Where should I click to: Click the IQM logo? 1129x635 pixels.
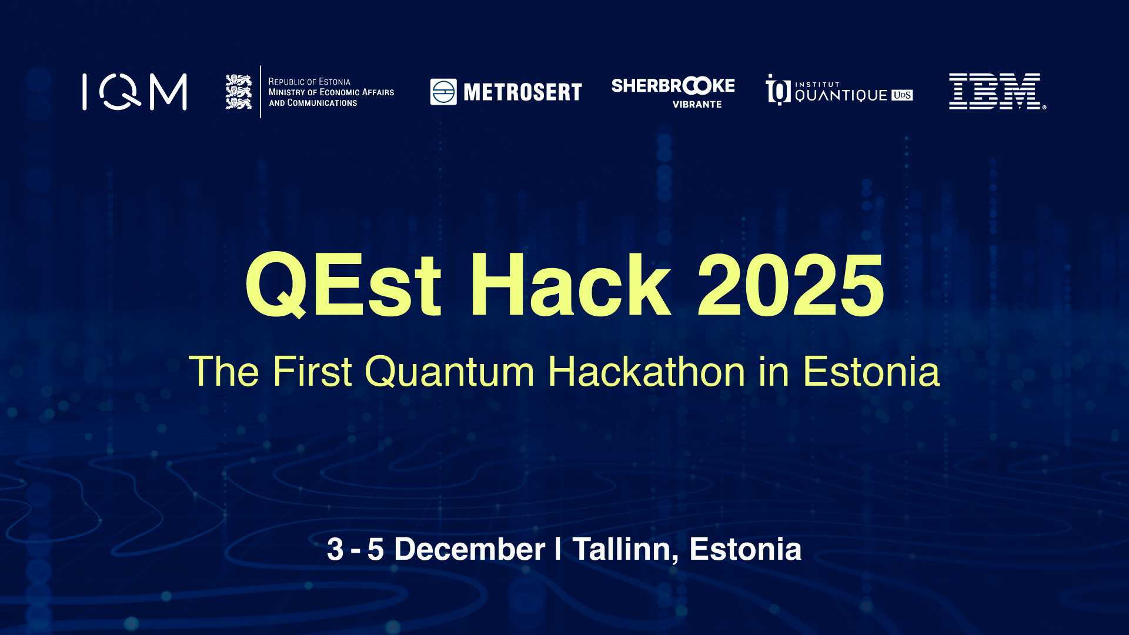pos(135,92)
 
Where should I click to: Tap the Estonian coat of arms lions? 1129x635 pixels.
pos(239,92)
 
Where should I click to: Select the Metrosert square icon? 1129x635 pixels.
pos(443,92)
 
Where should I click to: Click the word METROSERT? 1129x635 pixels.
pos(523,92)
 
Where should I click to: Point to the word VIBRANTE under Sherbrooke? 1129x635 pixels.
pos(697,105)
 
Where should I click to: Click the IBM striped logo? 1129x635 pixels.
pos(997,91)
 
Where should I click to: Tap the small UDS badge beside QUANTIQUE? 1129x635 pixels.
pos(902,95)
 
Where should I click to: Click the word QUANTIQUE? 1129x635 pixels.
pos(841,95)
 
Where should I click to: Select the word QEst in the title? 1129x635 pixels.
pos(343,285)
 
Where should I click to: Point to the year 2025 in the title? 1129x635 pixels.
pos(790,285)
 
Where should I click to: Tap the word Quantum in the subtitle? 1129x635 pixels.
pos(450,372)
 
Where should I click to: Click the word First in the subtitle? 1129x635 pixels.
pos(312,372)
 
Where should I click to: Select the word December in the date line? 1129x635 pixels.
pos(470,550)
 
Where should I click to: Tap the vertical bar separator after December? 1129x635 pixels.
pos(558,549)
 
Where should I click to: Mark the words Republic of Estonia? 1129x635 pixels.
pos(309,82)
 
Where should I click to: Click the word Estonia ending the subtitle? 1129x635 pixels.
pos(871,372)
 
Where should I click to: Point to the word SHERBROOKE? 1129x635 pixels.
pos(673,86)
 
